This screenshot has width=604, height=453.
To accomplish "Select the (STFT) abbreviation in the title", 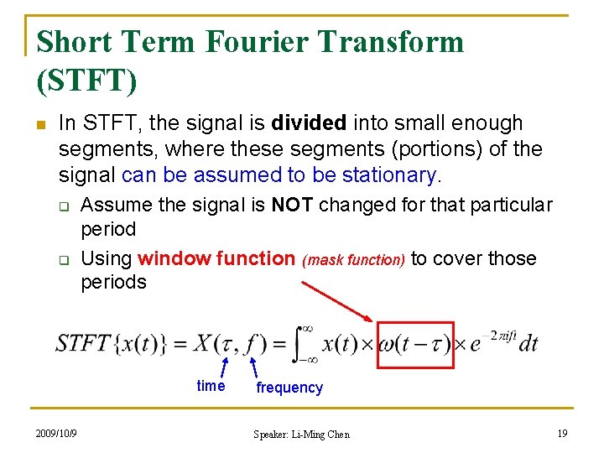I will click(x=87, y=80).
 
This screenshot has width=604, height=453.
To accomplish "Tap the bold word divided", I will click(x=309, y=123).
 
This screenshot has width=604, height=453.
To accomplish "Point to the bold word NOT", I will click(x=293, y=205).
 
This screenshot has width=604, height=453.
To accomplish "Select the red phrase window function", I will click(x=216, y=258).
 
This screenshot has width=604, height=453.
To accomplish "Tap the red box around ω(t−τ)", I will click(x=415, y=345).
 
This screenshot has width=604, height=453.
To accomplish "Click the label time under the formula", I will click(x=211, y=386).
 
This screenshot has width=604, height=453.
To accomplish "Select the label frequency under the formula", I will click(x=289, y=388).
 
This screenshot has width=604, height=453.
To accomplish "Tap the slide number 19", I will click(x=562, y=434).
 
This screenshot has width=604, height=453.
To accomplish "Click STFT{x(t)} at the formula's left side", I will click(x=108, y=344).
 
